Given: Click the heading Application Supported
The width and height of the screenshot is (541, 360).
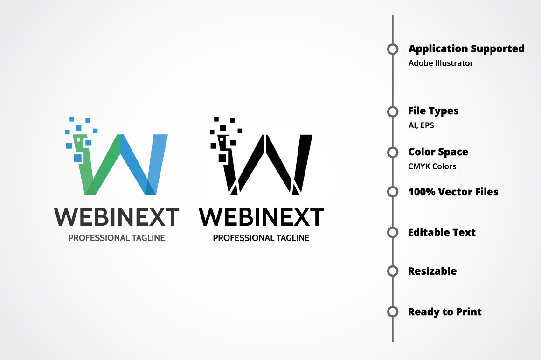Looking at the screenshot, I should coord(466,48).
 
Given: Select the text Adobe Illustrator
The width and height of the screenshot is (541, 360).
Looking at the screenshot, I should coord(441,63).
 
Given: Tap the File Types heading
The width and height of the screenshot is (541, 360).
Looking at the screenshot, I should coord(433,111).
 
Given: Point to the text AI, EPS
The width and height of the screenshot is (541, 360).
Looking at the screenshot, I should coord(421,125).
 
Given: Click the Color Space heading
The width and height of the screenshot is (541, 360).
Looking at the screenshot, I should coord(438,152).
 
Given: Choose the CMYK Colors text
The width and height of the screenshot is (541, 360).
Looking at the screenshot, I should coord(432,166).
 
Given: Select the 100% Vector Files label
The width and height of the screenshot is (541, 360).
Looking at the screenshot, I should coord(453,192).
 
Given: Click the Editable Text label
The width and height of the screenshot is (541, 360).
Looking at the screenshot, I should coord(442,232).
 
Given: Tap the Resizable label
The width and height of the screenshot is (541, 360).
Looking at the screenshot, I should coord(432,271).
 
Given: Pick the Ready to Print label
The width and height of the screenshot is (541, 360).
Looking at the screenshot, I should coord(444,312).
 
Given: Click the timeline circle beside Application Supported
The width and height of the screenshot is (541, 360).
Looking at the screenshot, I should coord(393,49).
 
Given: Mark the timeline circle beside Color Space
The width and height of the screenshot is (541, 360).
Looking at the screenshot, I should coord(393,152).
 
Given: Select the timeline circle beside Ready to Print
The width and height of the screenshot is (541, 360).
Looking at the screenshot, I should coord(393,312).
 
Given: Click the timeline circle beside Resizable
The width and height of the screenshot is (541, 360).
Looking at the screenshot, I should coord(393,271).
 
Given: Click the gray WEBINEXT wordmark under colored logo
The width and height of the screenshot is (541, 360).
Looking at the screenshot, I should coord(117,216).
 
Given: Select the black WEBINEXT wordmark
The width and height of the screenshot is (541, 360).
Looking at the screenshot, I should coord(261,216).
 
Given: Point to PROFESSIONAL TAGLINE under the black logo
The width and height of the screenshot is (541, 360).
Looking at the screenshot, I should coord(261,238).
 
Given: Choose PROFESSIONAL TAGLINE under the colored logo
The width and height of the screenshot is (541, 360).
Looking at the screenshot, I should coord(117,238).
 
